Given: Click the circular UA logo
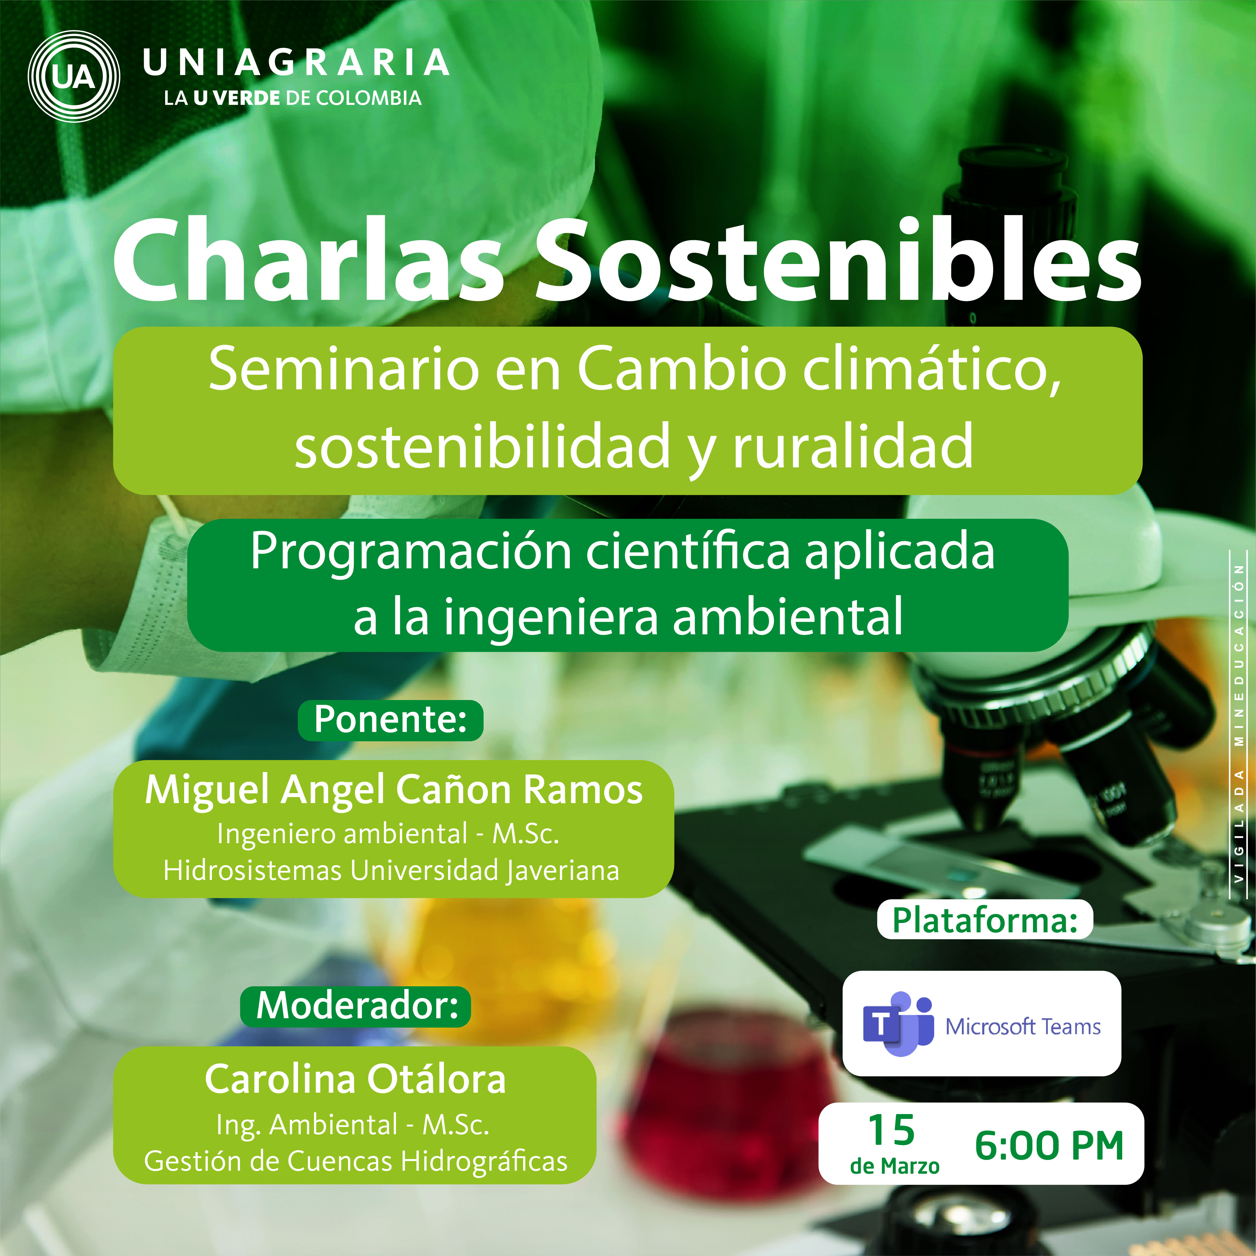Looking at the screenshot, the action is click(x=74, y=77).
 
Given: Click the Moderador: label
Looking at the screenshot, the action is click(x=356, y=1005).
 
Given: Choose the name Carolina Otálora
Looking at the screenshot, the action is click(x=356, y=1079).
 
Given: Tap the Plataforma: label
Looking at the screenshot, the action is click(x=985, y=920).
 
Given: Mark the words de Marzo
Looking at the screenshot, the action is click(x=895, y=1166).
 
